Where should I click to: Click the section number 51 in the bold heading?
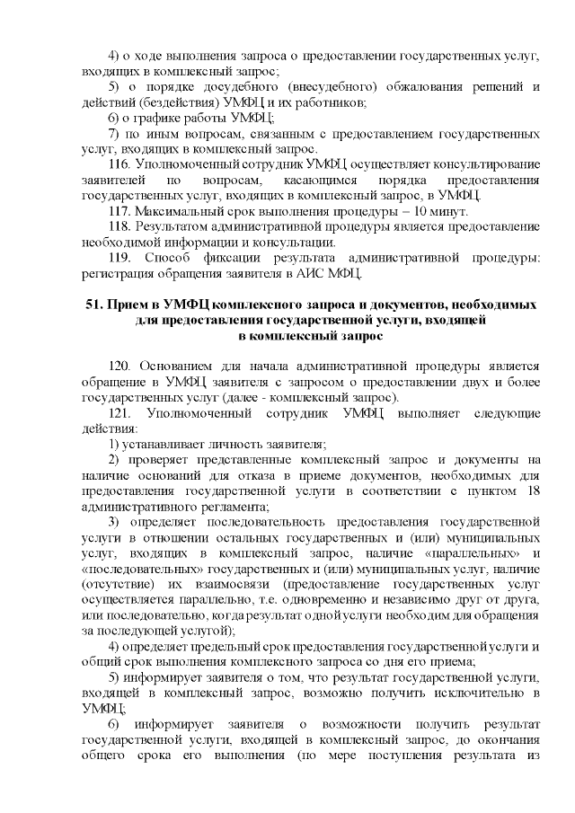[93, 305]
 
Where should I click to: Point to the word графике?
[153, 118]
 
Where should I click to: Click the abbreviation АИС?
[317, 274]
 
